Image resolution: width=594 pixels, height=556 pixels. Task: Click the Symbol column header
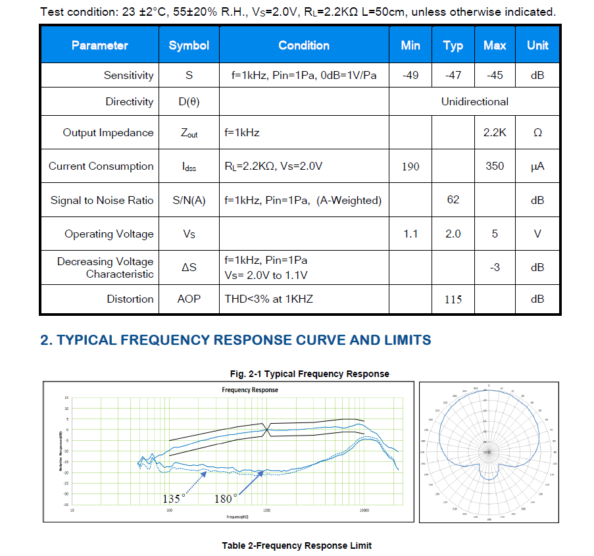click(189, 45)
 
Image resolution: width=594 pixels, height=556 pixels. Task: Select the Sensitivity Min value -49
click(410, 75)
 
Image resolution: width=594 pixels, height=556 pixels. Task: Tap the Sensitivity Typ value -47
click(453, 75)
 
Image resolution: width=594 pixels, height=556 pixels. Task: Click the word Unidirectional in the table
click(474, 101)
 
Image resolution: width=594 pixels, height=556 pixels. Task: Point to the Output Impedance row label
click(108, 132)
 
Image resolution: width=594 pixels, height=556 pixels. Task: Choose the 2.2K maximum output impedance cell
click(495, 132)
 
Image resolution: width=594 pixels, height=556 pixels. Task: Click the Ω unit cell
click(537, 132)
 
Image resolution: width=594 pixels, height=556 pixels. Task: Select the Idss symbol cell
click(189, 166)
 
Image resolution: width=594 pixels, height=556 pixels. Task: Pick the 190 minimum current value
click(410, 166)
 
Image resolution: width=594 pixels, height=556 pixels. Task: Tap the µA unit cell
click(537, 166)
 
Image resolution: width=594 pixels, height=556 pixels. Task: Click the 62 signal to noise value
click(453, 200)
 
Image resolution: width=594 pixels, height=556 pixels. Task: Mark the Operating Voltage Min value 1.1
click(410, 234)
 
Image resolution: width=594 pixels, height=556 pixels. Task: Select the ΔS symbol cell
click(189, 267)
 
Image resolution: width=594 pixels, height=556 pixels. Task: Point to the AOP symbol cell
click(189, 299)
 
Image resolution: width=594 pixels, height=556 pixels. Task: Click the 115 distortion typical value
click(453, 299)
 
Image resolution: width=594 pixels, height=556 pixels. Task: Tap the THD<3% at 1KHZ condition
click(268, 299)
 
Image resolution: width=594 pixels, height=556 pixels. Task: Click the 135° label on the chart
click(174, 499)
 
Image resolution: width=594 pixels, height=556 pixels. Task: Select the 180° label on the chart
click(226, 499)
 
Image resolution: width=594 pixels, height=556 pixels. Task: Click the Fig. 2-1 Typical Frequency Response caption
click(309, 374)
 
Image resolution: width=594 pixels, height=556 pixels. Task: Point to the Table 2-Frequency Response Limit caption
click(297, 545)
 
